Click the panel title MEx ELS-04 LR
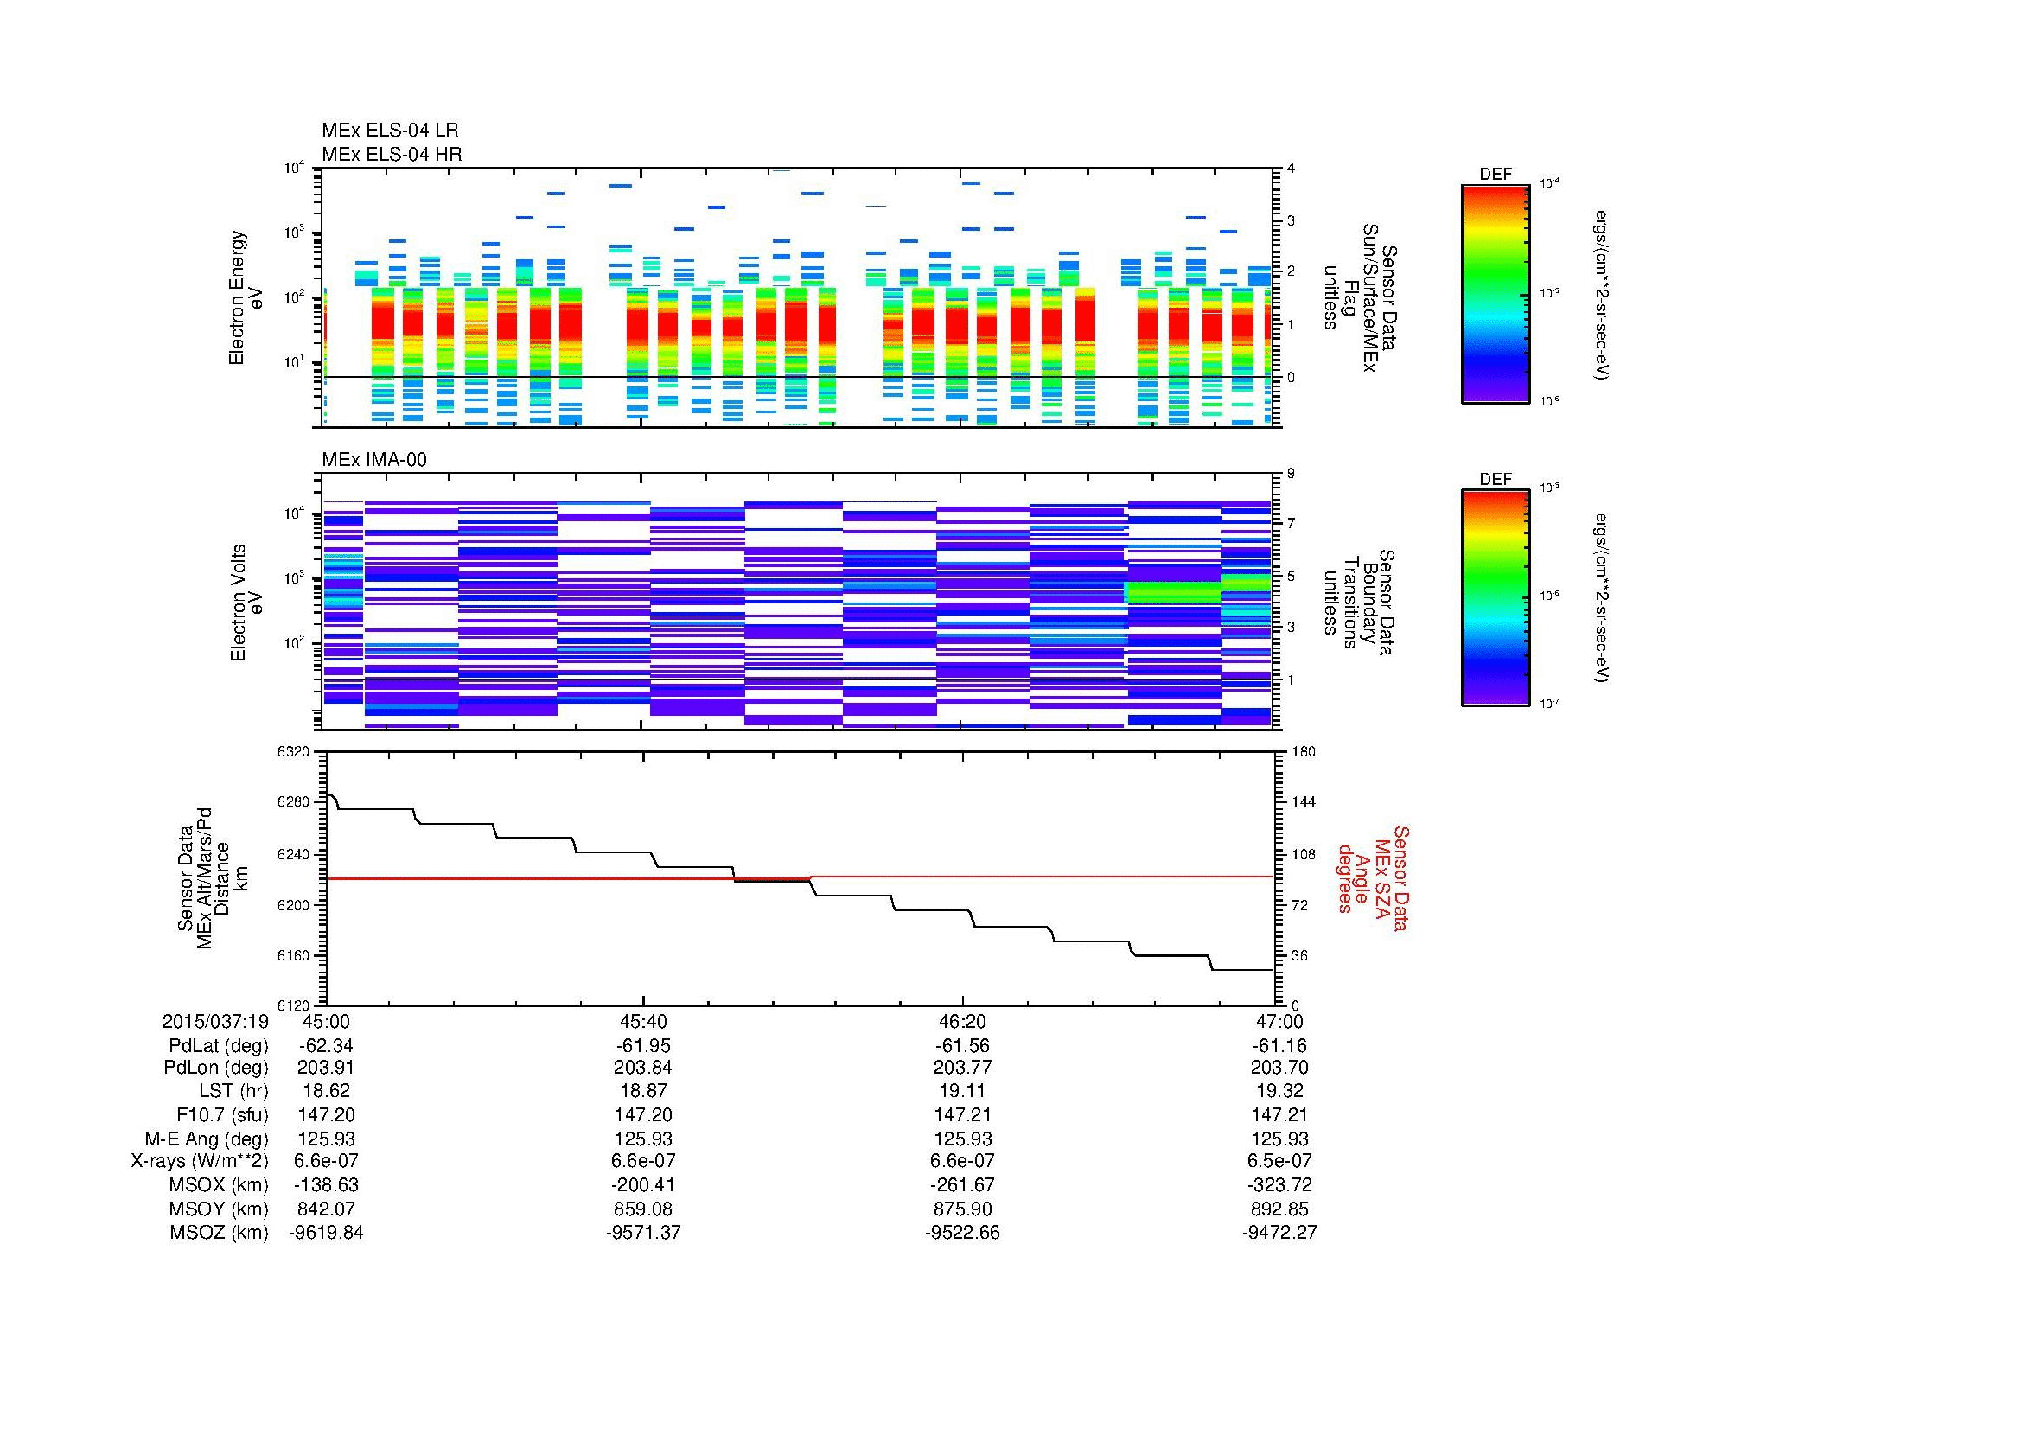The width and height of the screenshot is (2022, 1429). (x=389, y=131)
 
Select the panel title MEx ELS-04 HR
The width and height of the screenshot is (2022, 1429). (x=391, y=154)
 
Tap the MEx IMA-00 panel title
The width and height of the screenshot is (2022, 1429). (x=373, y=460)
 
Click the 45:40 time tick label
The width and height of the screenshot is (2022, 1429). (x=644, y=1021)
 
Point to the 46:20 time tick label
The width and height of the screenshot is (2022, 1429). (x=962, y=1021)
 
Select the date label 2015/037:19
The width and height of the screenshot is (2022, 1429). (x=215, y=1021)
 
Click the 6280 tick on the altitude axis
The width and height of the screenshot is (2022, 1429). (x=292, y=802)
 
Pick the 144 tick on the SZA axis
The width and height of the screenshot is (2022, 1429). (x=1303, y=802)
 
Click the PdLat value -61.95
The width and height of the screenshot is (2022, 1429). (x=644, y=1046)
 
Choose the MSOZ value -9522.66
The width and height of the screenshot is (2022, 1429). (x=962, y=1233)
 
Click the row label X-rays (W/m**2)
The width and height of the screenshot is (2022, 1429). (x=199, y=1161)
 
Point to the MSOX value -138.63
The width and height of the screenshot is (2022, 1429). (x=327, y=1185)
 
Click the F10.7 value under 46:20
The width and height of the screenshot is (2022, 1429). (x=962, y=1114)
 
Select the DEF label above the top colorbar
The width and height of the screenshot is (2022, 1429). (x=1496, y=175)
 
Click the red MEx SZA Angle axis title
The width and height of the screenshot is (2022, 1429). (x=1372, y=878)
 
